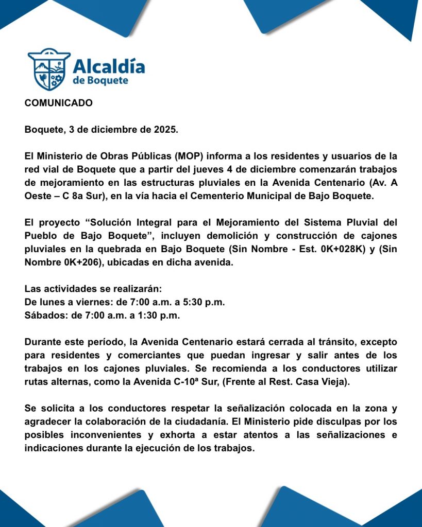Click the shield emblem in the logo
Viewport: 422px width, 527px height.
point(49,69)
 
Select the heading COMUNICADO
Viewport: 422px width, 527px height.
point(59,103)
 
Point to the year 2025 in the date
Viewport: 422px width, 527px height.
point(165,129)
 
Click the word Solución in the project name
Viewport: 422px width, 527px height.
point(112,223)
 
